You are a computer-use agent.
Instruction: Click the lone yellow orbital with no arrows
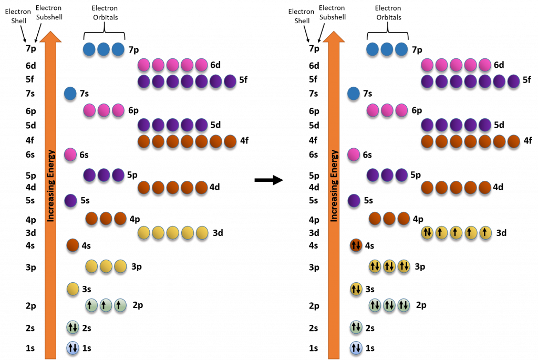73,289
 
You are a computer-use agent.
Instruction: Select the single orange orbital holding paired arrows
356,245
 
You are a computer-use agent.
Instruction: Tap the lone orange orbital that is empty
73,245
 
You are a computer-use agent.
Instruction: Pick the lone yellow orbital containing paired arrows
356,289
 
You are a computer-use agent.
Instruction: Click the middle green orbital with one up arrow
106,305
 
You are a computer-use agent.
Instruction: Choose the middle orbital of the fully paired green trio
389,305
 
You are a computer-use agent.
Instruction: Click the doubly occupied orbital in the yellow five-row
427,232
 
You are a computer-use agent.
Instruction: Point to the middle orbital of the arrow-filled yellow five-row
456,232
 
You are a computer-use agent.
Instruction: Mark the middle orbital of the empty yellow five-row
173,232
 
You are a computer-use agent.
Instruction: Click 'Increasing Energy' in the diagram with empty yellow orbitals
50,186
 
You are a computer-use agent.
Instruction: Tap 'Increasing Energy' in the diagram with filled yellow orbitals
334,186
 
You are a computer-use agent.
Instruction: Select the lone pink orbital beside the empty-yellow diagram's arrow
70,155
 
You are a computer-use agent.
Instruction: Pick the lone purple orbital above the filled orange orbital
354,200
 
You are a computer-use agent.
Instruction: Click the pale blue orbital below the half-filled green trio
73,348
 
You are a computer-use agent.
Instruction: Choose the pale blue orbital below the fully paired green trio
356,348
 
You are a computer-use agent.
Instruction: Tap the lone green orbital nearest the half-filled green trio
73,328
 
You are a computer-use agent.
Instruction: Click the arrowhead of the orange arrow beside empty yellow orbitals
50,37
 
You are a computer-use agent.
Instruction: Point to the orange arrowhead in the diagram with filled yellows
334,37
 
